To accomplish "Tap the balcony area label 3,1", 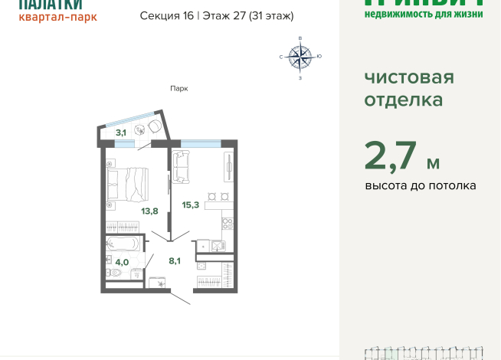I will [121, 133].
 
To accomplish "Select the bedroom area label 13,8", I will [149, 210].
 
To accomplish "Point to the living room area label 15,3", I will [191, 205].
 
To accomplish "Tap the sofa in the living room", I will [181, 167].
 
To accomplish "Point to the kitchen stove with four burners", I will [227, 224].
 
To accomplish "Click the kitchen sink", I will [217, 246].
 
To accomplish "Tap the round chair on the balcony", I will [154, 125].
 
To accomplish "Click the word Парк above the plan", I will [178, 88].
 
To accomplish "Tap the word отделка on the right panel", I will [403, 100].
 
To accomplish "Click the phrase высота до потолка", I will [420, 186].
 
